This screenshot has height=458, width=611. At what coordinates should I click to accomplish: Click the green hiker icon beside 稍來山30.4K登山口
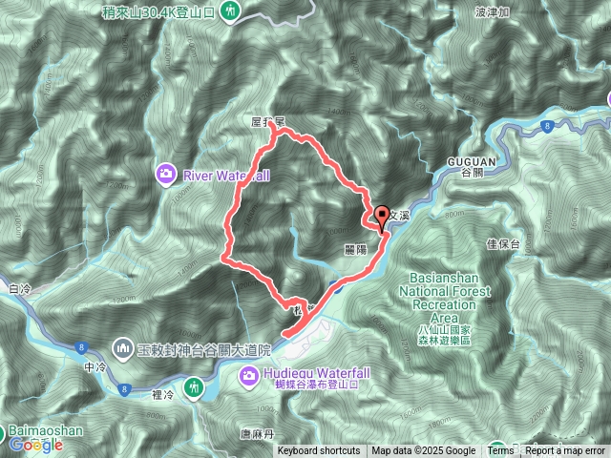point(230,11)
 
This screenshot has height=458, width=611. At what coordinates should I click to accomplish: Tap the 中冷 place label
point(93,366)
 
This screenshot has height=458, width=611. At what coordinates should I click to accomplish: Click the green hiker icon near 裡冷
point(196,386)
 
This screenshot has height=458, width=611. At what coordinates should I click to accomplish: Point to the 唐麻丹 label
point(258,433)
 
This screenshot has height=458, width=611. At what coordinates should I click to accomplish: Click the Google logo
point(35,444)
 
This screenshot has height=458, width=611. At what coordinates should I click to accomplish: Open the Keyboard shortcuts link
point(319,451)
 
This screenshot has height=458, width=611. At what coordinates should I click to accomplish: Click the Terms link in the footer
point(500,451)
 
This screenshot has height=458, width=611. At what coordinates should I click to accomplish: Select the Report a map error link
point(565,451)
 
